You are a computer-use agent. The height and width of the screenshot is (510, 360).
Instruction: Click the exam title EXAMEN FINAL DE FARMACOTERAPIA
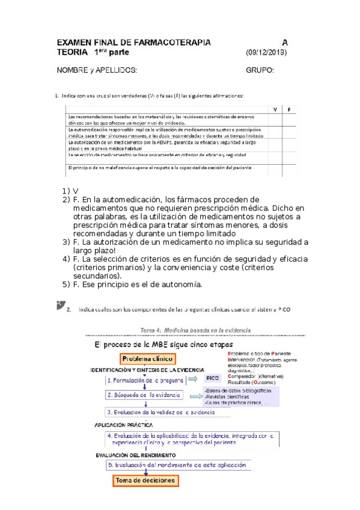133,43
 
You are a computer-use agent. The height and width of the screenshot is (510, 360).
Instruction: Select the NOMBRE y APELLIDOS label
97,70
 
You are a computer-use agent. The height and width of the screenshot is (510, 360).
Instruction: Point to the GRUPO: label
260,70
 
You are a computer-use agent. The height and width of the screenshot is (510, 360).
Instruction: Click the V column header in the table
275,109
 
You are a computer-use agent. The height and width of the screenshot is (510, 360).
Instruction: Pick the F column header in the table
289,109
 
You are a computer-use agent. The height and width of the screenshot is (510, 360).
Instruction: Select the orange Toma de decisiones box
147,481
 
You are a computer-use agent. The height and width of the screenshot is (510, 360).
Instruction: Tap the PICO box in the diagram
212,379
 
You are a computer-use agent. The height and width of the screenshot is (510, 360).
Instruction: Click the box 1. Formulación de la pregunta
144,380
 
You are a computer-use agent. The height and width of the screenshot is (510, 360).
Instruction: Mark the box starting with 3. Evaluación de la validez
160,412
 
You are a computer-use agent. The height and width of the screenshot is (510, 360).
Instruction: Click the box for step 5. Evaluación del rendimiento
178,465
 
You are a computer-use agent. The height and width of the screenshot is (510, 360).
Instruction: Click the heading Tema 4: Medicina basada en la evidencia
195,330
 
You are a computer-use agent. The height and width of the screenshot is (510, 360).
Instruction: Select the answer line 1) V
70,191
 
